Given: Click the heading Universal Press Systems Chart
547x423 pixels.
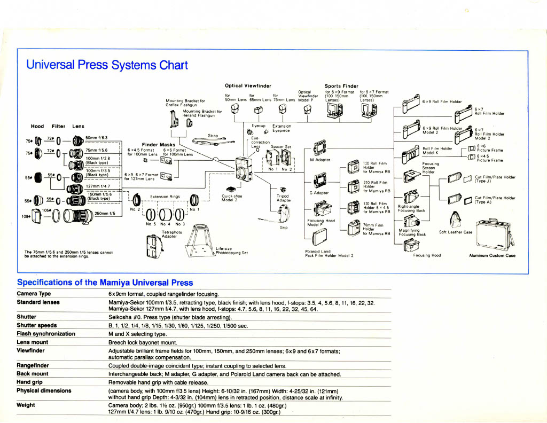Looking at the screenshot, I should pos(107,65).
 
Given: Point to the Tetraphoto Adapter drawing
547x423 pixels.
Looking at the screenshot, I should pos(152,246).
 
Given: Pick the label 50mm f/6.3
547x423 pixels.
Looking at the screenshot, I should pos(97,138).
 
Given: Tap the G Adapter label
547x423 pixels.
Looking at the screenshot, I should pos(318,192).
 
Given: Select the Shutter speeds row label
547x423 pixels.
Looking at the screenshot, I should pos(37,325).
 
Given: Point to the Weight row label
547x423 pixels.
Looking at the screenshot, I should pos(26,405).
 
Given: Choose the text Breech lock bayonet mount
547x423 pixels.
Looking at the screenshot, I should pos(143,342).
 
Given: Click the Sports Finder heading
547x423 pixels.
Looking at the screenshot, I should pos(341,85).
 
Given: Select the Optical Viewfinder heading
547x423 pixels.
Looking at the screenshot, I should pos(248,85).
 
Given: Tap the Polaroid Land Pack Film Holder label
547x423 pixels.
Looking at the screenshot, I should pos(329,254).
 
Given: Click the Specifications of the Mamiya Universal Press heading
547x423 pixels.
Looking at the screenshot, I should pos(105,283).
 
